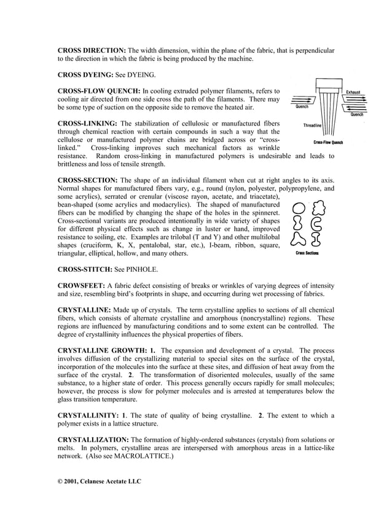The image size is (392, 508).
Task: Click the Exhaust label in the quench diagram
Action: point(353,92)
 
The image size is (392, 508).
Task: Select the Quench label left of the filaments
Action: point(302,106)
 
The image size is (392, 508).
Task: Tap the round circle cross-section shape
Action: point(298,208)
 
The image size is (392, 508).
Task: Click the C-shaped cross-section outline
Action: point(318,223)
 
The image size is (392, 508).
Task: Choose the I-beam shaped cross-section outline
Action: point(318,237)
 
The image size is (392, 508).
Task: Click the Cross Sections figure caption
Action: point(307,252)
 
